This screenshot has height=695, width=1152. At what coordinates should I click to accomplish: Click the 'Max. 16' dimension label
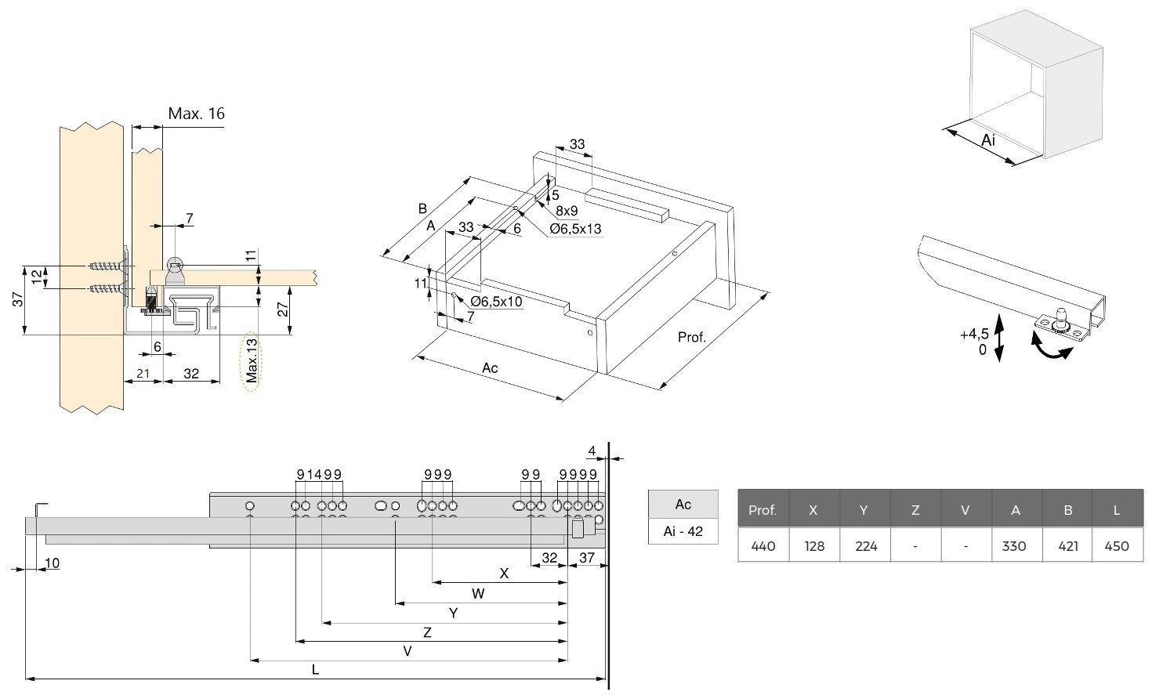[196, 114]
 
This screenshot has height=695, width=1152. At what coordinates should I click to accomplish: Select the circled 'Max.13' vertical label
[251, 360]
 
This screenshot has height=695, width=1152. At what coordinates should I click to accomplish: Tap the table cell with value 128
[813, 545]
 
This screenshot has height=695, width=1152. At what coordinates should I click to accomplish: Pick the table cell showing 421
[1067, 545]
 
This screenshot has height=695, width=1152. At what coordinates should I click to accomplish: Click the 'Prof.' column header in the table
[762, 510]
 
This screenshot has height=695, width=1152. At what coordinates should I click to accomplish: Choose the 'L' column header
[1117, 510]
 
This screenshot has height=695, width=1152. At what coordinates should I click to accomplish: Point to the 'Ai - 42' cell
[683, 530]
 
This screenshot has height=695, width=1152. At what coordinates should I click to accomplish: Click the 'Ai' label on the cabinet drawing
[988, 140]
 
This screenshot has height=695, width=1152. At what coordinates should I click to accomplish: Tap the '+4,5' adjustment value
[974, 335]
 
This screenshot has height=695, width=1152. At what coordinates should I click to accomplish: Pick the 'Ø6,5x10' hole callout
[496, 302]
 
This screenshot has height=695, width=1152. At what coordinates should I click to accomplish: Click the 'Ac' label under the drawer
[490, 367]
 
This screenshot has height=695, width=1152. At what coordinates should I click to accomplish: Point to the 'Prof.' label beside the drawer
[691, 338]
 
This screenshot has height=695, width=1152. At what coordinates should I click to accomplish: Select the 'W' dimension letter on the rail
[478, 593]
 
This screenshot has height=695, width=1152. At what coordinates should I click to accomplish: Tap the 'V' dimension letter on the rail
[407, 651]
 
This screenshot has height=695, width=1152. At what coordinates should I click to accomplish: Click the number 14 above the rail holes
[314, 474]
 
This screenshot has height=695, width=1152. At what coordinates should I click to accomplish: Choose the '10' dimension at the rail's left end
[53, 563]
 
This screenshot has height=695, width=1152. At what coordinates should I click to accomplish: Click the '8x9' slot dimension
[567, 211]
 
